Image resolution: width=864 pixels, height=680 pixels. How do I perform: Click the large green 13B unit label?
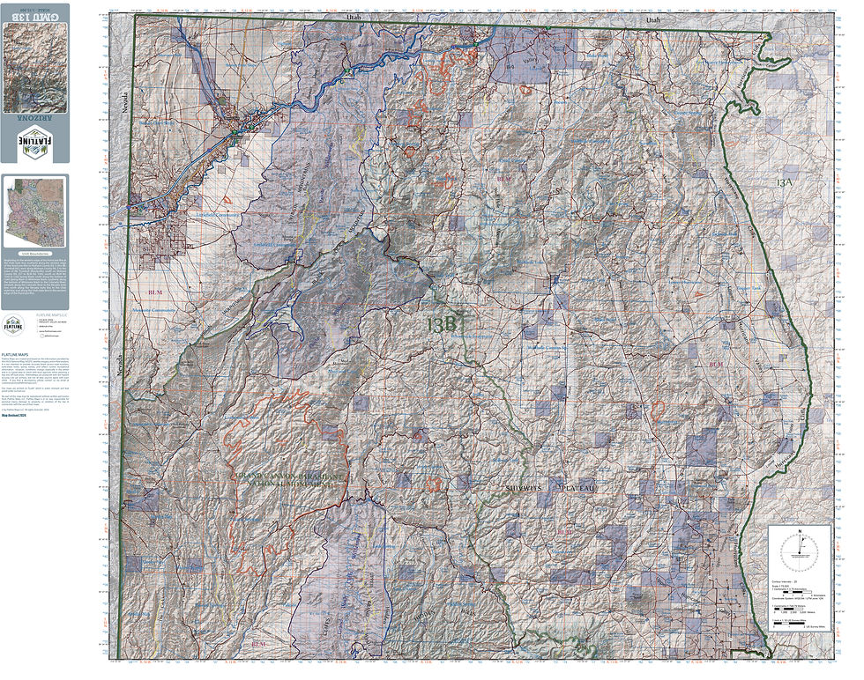coord(442,325)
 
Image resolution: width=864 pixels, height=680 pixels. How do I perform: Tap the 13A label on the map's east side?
coord(786,182)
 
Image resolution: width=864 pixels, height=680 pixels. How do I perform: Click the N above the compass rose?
coord(799,532)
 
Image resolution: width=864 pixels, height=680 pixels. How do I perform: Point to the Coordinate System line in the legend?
coord(796,602)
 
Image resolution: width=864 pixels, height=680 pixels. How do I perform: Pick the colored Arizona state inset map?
coord(34,211)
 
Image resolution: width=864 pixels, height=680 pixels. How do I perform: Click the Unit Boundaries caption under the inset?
coord(34,253)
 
